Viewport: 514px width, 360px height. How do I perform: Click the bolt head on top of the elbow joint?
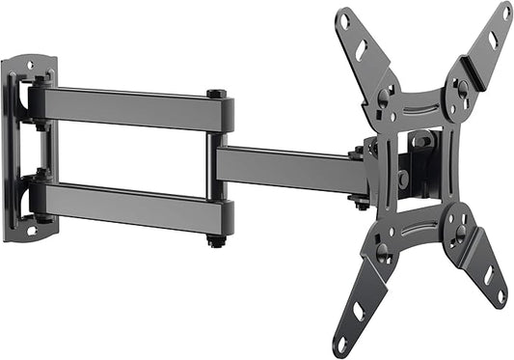point(216,95)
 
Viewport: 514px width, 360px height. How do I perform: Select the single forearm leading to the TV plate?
point(289,166)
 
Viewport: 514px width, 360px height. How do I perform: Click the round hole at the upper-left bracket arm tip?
point(345,17)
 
